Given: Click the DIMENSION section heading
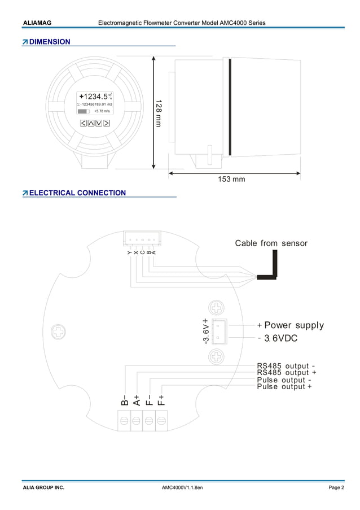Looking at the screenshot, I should click(50, 42).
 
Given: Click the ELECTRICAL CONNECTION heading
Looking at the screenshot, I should click(77, 193).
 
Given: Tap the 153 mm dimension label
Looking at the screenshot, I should click(231, 180).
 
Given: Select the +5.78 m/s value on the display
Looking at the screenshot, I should click(102, 112).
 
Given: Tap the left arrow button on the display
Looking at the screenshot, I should click(83, 123).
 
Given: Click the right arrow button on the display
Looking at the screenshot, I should click(106, 123).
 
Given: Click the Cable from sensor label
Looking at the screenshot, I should click(271, 243).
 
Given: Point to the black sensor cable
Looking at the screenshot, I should click(274, 265).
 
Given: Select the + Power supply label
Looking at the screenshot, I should click(290, 325).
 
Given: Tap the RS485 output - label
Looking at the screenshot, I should click(286, 366).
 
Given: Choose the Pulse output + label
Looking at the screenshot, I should click(284, 387).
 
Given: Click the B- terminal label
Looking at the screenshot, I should click(124, 400).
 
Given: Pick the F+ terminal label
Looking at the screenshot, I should click(161, 400).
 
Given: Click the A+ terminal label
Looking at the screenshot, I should click(137, 400).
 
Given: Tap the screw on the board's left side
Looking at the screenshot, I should click(57, 332).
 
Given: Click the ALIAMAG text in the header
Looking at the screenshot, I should click(37, 23).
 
